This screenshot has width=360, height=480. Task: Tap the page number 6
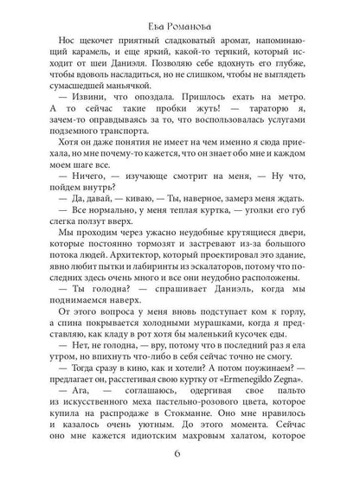(x=179, y=458)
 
